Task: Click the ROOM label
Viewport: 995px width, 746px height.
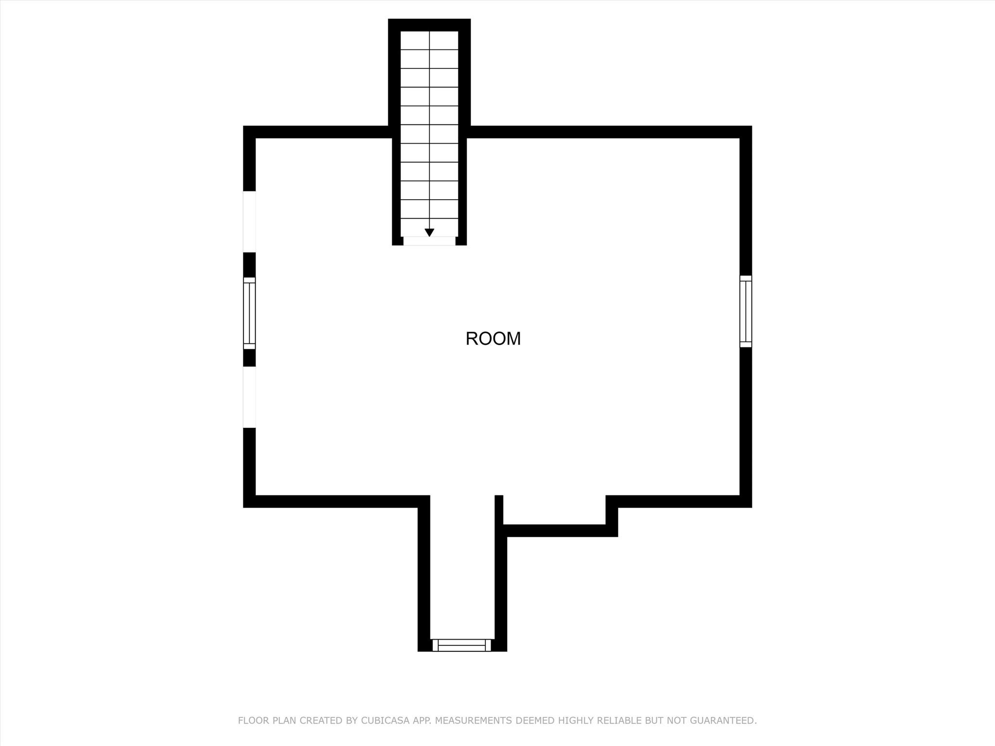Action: click(x=493, y=339)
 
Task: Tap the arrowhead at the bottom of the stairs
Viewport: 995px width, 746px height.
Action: click(x=429, y=233)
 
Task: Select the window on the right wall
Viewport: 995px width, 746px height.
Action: click(x=745, y=311)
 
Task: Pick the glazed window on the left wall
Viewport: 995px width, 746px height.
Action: click(x=249, y=313)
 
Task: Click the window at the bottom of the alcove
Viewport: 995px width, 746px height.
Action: click(x=462, y=645)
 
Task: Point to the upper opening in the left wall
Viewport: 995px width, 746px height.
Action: click(x=249, y=221)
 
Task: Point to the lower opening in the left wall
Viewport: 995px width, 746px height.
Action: click(x=249, y=397)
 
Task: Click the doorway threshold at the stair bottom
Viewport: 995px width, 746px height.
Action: click(x=429, y=241)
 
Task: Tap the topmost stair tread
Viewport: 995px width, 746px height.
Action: click(x=429, y=40)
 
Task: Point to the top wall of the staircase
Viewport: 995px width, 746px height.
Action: click(x=429, y=25)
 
